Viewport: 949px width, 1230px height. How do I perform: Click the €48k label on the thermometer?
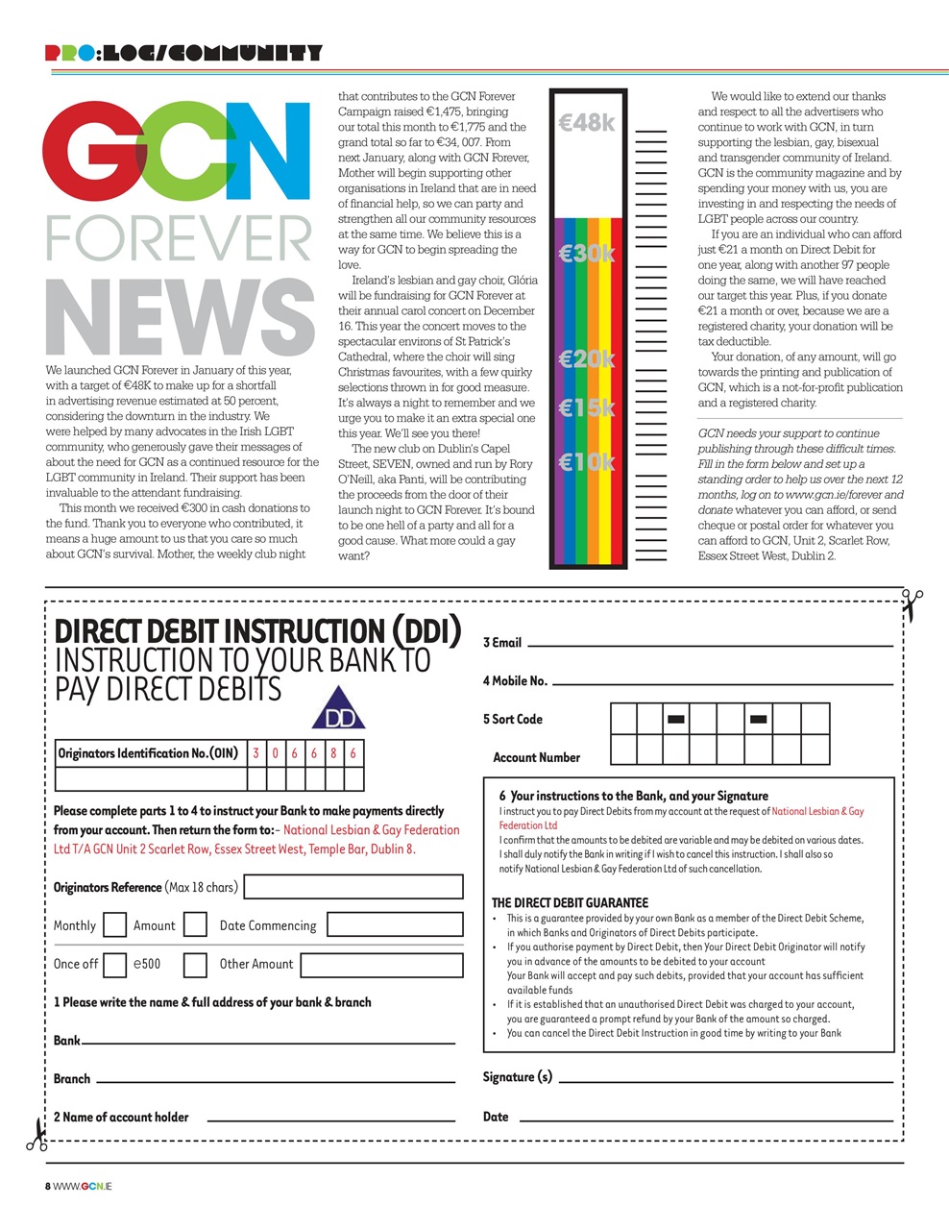[x=586, y=123]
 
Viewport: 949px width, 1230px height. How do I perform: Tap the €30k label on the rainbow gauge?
[x=586, y=254]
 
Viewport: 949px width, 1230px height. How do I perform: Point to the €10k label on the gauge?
[x=586, y=462]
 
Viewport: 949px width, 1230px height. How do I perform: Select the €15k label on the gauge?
[x=586, y=408]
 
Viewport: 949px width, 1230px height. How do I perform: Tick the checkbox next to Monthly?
[x=114, y=924]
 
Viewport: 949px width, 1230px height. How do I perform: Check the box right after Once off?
[x=114, y=964]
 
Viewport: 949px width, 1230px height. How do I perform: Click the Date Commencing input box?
[x=395, y=924]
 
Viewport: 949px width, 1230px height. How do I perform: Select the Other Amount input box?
[x=381, y=964]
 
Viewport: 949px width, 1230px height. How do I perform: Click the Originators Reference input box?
[x=353, y=886]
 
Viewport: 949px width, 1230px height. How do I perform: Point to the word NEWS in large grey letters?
[x=180, y=318]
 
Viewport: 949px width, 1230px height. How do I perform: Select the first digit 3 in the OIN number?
[x=256, y=753]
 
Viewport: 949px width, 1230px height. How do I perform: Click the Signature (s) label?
[x=517, y=1077]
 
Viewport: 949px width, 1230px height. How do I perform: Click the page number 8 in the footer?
[x=48, y=1186]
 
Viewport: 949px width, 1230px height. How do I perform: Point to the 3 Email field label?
[x=502, y=642]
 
